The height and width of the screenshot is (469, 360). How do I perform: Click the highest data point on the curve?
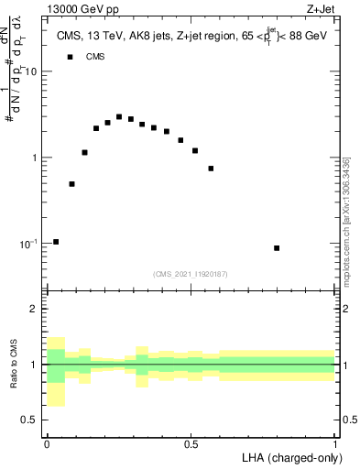coord(119,117)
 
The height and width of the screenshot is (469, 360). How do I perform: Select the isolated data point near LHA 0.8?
coord(277,248)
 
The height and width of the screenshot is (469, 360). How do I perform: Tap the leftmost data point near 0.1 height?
coord(56,242)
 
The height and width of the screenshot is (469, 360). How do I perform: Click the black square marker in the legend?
coord(69,57)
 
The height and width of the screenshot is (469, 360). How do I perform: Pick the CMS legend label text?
coord(95,57)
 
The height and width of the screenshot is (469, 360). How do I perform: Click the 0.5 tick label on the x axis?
coord(191,443)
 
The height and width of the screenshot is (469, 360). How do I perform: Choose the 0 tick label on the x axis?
coord(47,443)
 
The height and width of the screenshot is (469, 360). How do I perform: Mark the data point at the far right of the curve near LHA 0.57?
coord(211,169)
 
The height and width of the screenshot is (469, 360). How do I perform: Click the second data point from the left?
coord(71,184)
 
